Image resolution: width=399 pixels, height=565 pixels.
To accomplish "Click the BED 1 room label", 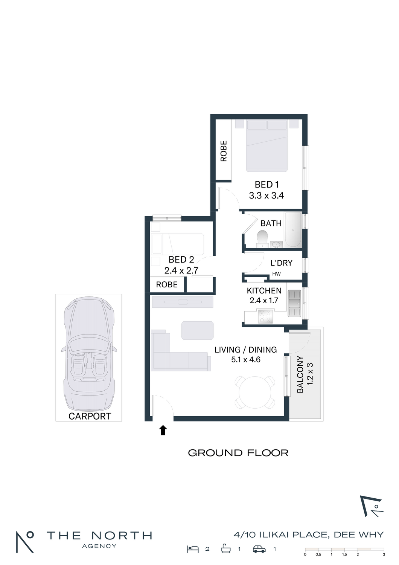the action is click(x=267, y=185).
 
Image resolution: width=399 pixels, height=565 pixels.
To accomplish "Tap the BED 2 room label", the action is click(x=181, y=260).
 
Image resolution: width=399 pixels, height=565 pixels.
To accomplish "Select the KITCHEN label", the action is click(x=264, y=291).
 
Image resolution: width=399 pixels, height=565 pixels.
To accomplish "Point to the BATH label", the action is click(x=271, y=223).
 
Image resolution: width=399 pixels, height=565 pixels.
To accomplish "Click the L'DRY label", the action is click(x=281, y=263).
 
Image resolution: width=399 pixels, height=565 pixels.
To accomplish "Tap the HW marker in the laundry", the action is click(x=277, y=274).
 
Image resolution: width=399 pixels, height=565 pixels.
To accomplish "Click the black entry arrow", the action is click(x=163, y=430).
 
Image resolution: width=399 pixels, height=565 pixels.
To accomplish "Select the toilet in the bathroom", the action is click(x=262, y=238).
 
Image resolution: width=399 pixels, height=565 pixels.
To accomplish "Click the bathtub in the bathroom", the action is click(x=293, y=229).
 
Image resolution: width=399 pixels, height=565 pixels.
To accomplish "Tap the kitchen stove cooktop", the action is click(x=265, y=316).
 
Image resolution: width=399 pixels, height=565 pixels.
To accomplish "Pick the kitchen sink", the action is click(x=294, y=304).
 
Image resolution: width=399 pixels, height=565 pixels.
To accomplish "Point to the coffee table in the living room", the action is click(x=197, y=330).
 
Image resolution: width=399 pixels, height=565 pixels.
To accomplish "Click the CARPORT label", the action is click(x=90, y=416).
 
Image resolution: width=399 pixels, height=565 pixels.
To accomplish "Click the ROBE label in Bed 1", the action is click(x=224, y=151).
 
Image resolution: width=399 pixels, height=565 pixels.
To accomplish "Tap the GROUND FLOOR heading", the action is click(x=238, y=453).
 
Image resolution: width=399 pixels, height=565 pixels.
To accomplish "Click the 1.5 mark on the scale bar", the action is click(x=344, y=554).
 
